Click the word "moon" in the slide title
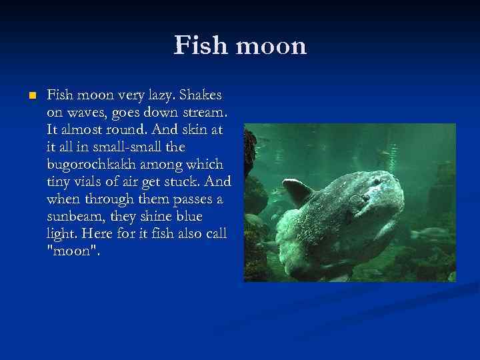click(x=271, y=46)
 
